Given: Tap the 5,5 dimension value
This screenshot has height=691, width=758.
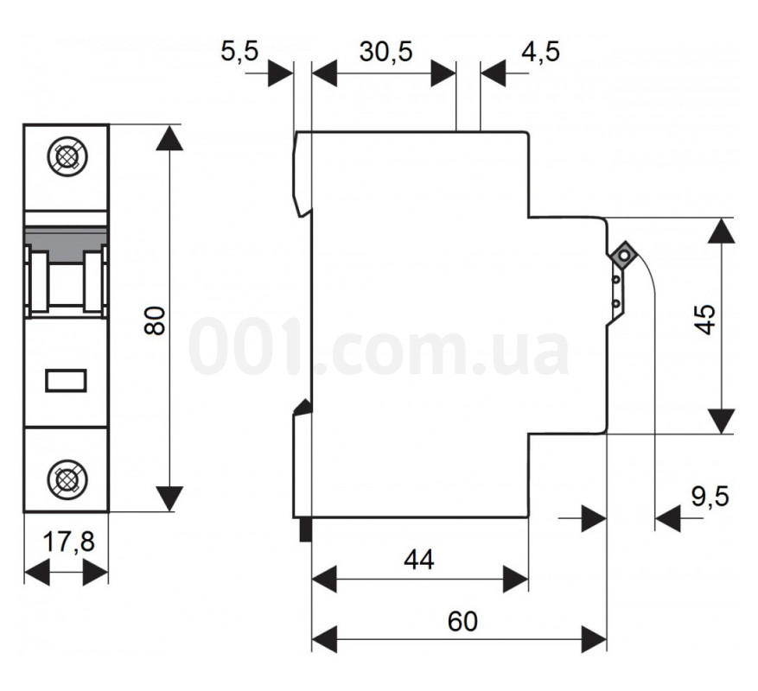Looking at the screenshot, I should click(x=239, y=52).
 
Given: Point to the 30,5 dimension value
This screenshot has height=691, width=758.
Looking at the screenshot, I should click(x=385, y=52).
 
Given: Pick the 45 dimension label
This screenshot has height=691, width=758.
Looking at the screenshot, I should click(x=707, y=320).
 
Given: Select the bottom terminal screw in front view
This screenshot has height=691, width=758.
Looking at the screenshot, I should click(x=66, y=478).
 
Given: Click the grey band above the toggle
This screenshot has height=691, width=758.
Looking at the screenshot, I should click(x=66, y=237).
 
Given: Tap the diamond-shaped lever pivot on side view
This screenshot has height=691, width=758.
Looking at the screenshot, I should click(x=621, y=256).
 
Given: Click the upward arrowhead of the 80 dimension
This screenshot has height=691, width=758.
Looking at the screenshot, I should click(x=170, y=138).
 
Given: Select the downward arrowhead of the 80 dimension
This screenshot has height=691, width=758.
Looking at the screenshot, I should click(x=170, y=498).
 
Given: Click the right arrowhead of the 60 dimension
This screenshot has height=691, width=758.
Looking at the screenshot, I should click(x=594, y=638).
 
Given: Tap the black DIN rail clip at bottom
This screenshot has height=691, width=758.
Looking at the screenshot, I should click(x=304, y=529).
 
